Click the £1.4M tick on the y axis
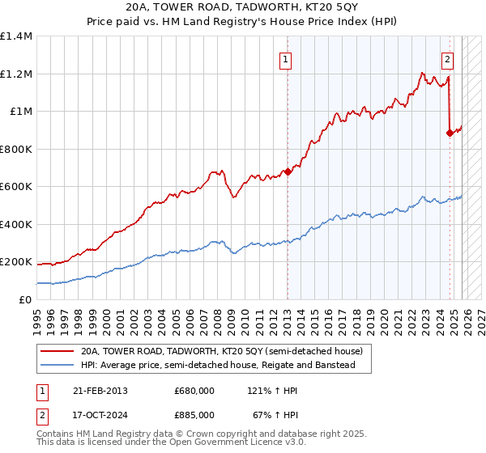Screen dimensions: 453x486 pos(16,36)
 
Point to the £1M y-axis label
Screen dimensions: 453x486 pos(21,112)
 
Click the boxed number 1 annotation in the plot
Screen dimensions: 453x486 pos(287,58)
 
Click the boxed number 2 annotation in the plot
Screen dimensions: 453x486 pos(448,58)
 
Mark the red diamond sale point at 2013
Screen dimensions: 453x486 pos(288,171)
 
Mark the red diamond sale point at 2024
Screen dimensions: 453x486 pos(450,133)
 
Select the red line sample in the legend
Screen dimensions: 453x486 pos(58,351)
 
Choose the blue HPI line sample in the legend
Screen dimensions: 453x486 pos(58,365)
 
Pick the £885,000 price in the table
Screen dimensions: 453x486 pos(194,416)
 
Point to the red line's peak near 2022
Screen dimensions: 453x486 pos(422,73)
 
